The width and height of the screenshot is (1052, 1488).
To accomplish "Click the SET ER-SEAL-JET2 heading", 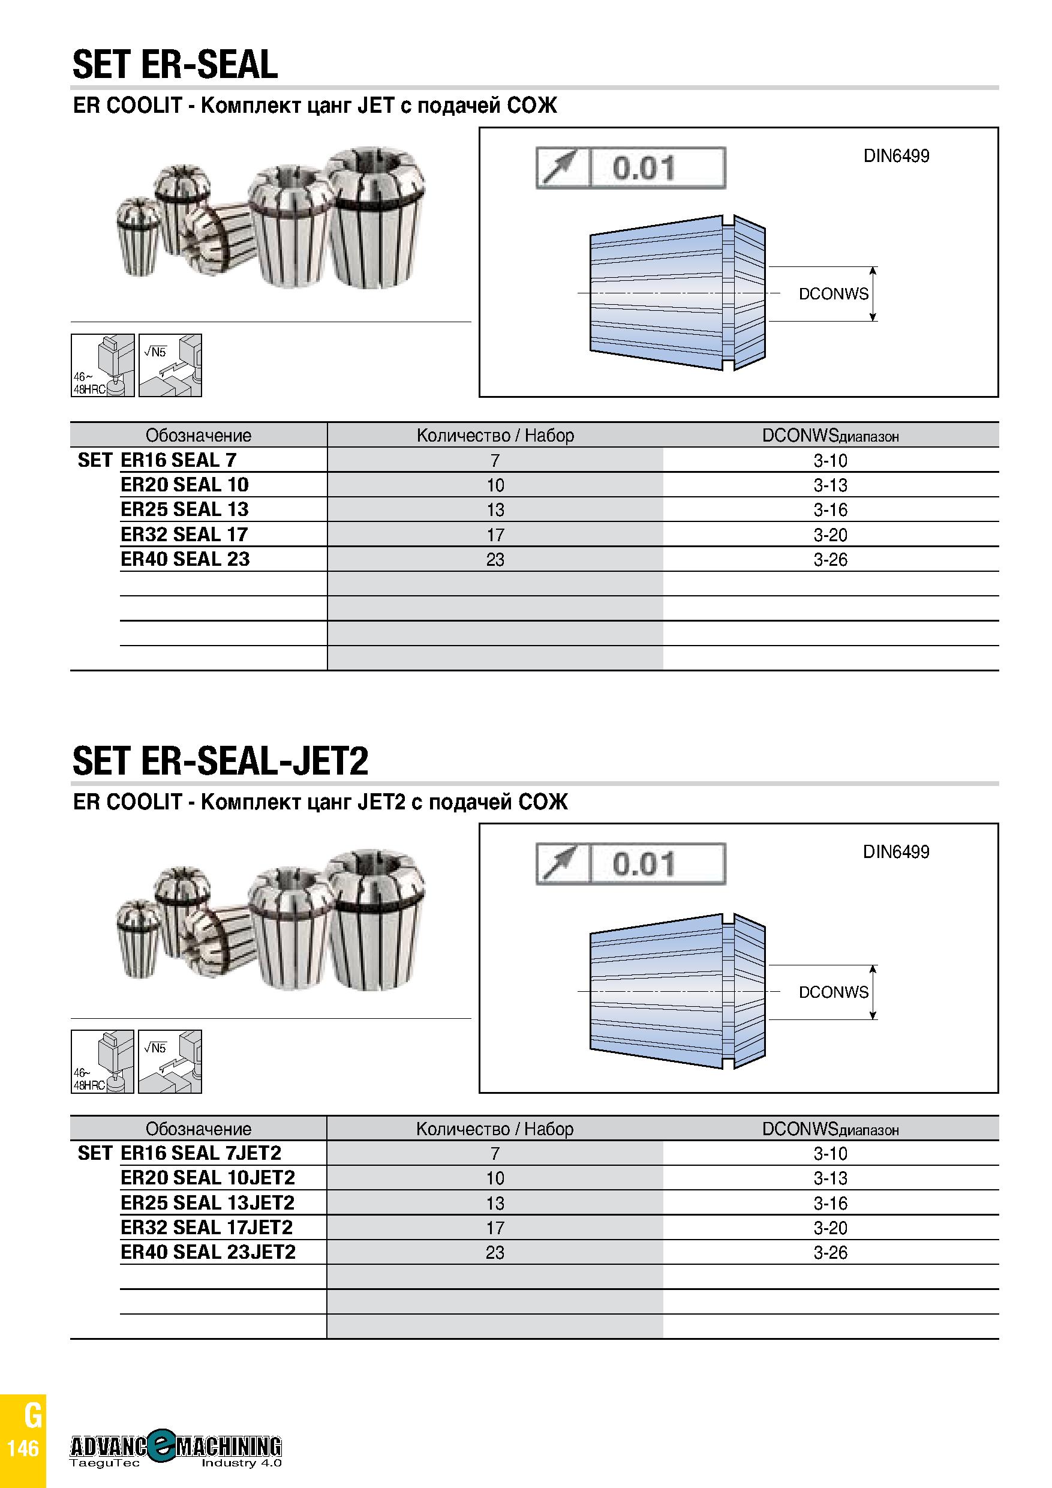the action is (220, 762).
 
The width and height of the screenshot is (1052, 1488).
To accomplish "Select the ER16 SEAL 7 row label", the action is (178, 460).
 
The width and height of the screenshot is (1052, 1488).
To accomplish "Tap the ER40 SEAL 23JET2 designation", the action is (208, 1252).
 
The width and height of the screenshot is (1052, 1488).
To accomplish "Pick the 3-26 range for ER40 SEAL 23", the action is (831, 559).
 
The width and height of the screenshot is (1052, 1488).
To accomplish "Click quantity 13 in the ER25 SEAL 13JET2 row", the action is (495, 1204).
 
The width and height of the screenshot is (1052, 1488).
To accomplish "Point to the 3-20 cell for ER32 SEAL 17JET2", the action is (831, 1228).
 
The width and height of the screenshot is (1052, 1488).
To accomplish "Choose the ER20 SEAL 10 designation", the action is (185, 485).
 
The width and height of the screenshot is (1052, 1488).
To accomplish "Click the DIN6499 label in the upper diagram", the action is (896, 156).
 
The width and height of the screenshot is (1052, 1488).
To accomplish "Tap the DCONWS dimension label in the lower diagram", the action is (833, 992).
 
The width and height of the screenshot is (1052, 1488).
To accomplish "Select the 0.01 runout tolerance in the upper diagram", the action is (644, 168).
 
